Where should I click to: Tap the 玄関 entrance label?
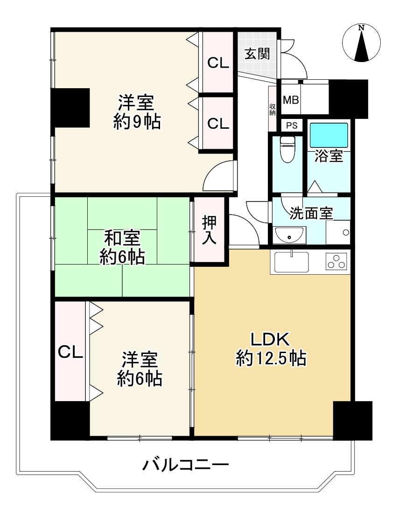(x=257, y=54)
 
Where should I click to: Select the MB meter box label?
(x=291, y=100)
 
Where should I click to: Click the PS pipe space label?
(x=292, y=125)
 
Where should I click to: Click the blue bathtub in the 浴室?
(x=329, y=134)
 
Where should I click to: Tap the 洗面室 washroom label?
(x=311, y=213)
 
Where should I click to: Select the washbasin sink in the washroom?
(x=290, y=236)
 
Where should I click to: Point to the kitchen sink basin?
(x=292, y=262)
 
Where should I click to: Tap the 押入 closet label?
(x=210, y=229)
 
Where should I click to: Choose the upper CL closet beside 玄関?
(x=218, y=63)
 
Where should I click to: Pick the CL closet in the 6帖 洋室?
(x=70, y=352)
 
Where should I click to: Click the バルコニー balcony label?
(x=185, y=465)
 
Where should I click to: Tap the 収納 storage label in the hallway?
(x=273, y=110)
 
